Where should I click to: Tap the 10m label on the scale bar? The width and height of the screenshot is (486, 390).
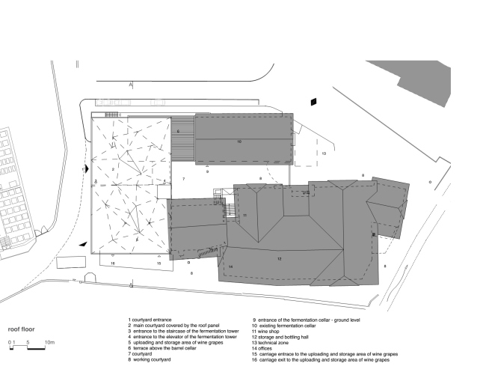click(x=49, y=342)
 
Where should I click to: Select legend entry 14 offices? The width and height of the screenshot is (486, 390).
click(x=265, y=348)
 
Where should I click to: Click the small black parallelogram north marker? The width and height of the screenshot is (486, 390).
click(x=315, y=101)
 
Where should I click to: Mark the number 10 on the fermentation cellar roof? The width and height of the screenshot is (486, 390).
click(x=239, y=141)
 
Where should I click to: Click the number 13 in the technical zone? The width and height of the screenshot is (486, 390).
click(x=324, y=153)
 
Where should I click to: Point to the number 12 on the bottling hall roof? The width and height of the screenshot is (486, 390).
click(x=278, y=258)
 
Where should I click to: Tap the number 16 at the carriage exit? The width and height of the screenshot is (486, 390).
click(x=113, y=263)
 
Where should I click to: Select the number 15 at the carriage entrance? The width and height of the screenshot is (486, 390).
click(x=159, y=263)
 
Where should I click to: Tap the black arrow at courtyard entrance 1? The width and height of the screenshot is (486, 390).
click(x=87, y=170)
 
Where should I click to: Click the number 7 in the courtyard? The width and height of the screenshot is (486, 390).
click(x=183, y=180)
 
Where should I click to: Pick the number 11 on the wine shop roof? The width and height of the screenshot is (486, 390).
click(x=244, y=216)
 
